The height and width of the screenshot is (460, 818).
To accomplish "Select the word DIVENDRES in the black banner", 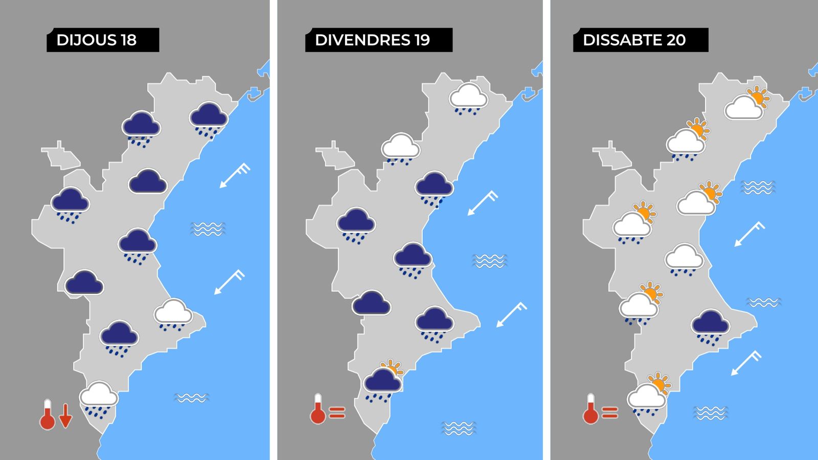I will click(362, 40).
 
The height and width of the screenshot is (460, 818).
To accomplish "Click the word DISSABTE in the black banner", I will click(623, 40).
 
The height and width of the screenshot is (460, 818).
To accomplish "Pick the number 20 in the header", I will click(676, 40).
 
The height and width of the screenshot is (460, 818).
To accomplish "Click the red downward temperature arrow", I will click(65, 415).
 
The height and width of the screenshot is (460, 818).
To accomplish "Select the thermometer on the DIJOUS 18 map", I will click(48, 415).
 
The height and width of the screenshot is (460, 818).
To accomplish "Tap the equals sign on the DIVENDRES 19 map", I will click(337, 412).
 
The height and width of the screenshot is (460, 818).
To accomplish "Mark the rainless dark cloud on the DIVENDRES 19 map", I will click(371, 303).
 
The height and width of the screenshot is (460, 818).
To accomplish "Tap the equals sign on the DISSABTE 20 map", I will click(610, 412).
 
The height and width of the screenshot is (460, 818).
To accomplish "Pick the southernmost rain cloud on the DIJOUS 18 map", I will click(99, 398).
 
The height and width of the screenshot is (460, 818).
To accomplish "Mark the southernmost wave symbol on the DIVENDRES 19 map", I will click(459, 428).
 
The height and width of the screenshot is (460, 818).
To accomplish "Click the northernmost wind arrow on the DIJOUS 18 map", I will click(235, 175).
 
